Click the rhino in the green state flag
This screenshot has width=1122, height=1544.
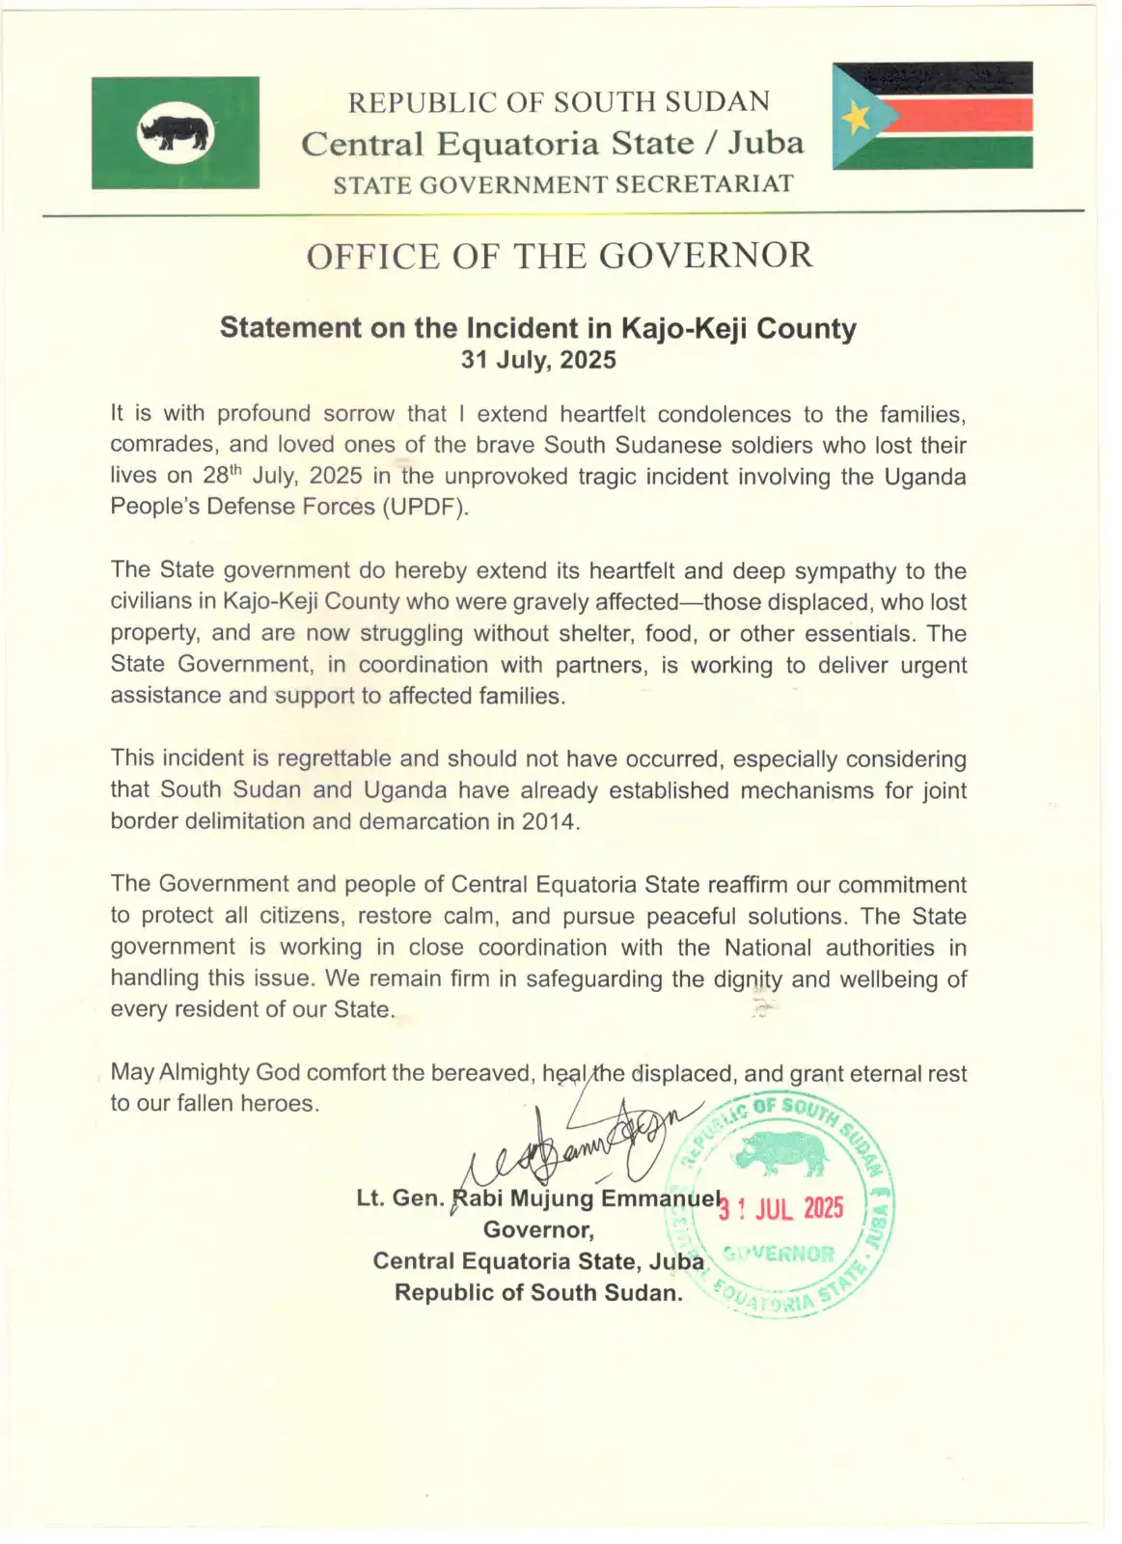tap(175, 131)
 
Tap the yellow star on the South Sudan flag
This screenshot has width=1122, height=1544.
tap(857, 118)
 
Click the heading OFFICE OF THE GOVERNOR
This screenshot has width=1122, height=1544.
tap(560, 257)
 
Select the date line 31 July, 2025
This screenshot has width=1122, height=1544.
tap(538, 360)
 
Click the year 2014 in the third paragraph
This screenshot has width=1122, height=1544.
tap(549, 821)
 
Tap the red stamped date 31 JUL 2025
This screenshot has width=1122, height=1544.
tap(781, 1208)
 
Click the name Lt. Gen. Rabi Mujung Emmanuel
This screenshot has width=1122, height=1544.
tap(538, 1199)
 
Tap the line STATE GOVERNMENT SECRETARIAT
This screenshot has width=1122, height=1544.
tap(563, 184)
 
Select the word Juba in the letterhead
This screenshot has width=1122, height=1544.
tap(765, 143)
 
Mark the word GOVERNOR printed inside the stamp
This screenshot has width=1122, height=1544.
tap(780, 1254)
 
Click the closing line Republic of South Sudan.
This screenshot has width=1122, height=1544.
tap(538, 1292)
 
